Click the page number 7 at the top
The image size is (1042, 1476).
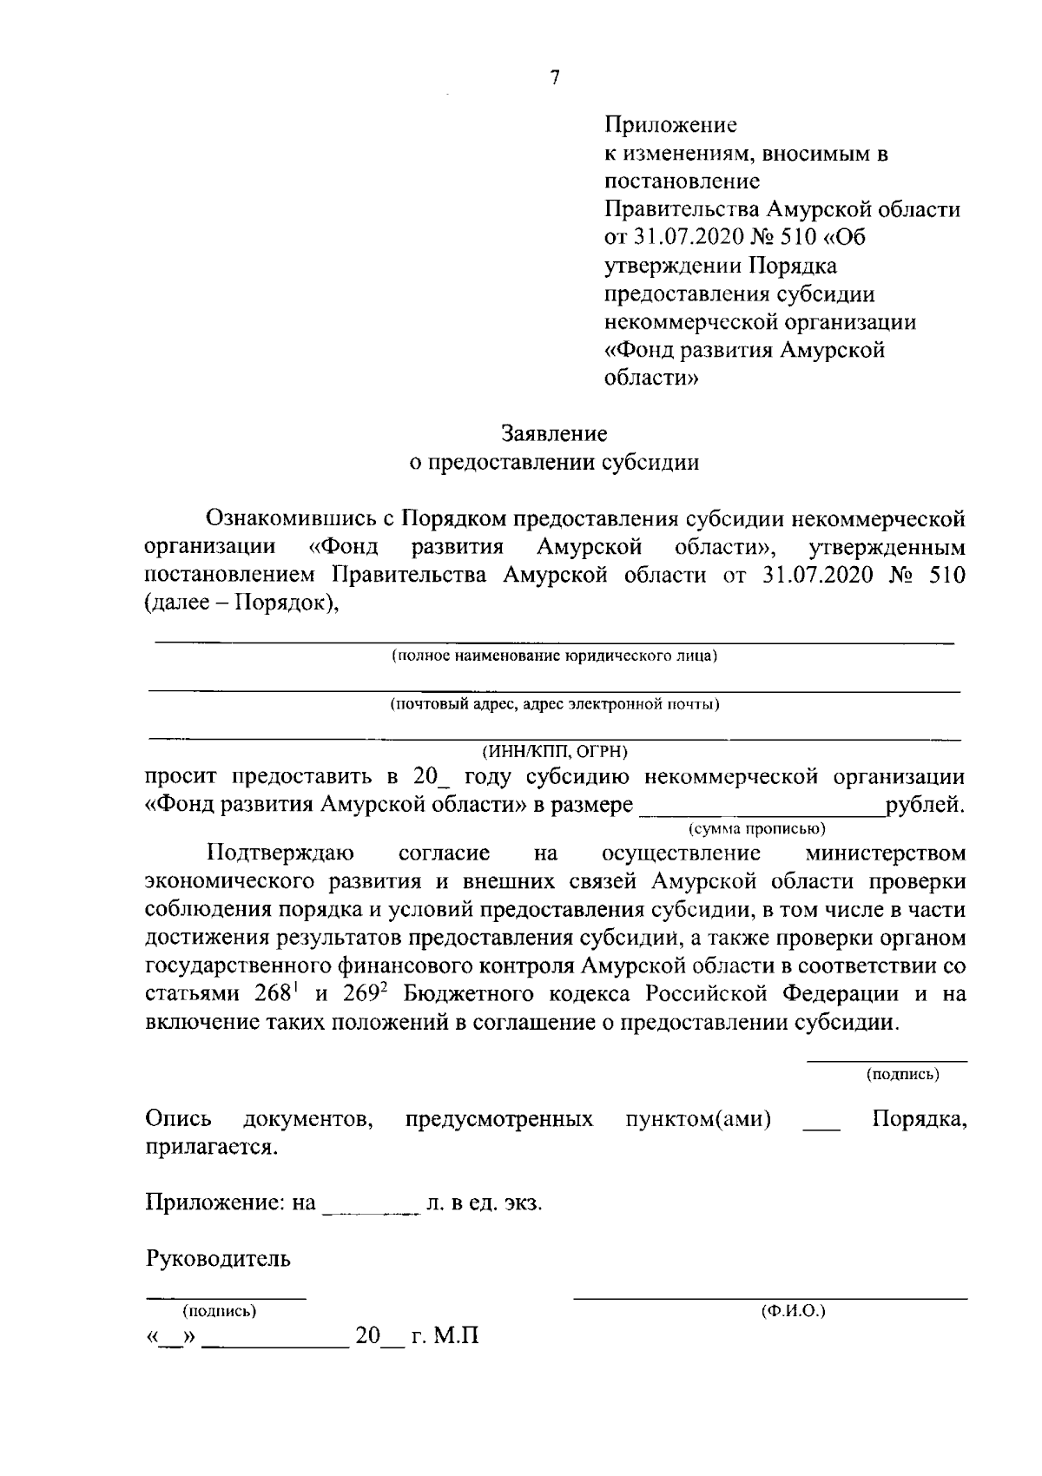pos(555,78)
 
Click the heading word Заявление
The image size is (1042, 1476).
pos(554,432)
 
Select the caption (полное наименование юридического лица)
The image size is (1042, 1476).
pos(554,656)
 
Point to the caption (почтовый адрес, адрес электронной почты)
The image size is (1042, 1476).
pos(554,704)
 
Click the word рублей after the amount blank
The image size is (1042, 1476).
pos(925,804)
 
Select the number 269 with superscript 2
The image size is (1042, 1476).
pos(368,993)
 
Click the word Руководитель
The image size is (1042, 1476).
pos(218,1258)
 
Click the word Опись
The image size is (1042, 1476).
pos(180,1119)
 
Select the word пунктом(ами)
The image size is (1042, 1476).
pos(698,1120)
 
